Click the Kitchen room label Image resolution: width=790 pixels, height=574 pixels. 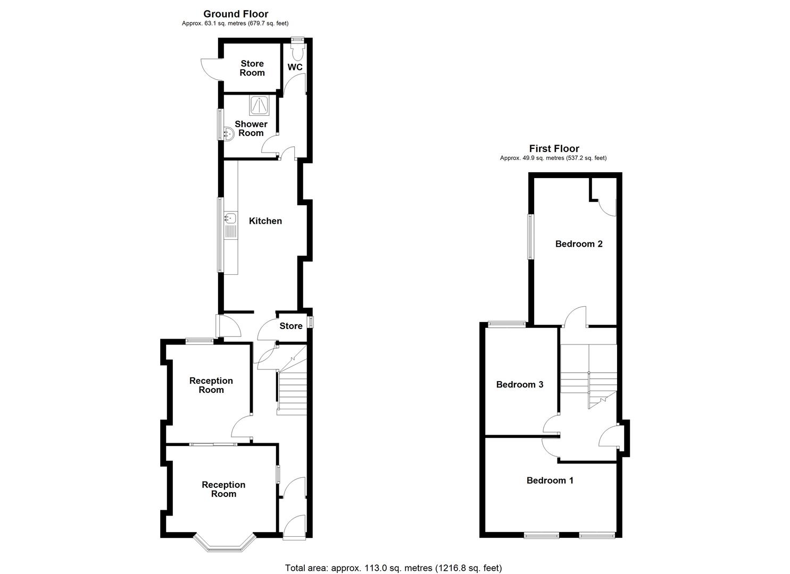click(x=265, y=221)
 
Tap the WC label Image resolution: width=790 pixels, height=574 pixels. click(x=295, y=67)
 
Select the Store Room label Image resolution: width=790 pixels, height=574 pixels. click(x=252, y=68)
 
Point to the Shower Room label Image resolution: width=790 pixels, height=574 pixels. click(x=251, y=129)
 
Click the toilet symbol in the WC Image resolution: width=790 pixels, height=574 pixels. click(x=297, y=51)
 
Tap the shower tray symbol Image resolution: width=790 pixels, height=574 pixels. click(x=260, y=106)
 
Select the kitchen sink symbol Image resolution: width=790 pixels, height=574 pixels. click(x=230, y=218)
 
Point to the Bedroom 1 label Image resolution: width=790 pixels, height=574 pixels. click(x=550, y=480)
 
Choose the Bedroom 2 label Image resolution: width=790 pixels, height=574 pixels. click(x=579, y=244)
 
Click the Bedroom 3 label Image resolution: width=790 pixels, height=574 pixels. click(x=520, y=384)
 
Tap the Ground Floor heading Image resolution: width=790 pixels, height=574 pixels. click(x=236, y=14)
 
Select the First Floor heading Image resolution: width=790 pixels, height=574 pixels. click(x=554, y=149)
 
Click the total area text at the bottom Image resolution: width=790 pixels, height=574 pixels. click(x=393, y=568)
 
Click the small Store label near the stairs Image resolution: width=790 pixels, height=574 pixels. click(x=291, y=326)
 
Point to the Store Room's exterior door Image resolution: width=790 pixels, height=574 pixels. click(x=210, y=70)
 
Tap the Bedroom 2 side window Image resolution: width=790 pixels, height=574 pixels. click(x=530, y=237)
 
